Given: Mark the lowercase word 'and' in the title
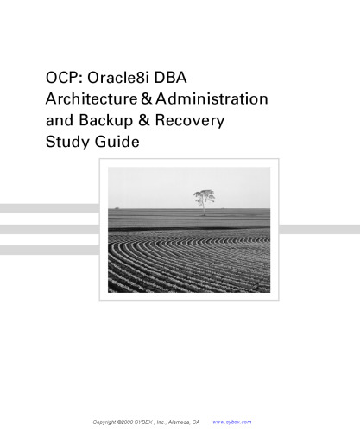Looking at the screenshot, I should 61,121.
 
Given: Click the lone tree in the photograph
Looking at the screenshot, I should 205,199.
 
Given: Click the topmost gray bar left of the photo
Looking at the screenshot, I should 48,208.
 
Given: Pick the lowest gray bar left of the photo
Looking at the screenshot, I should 48,250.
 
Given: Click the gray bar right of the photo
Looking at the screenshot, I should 319,229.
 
